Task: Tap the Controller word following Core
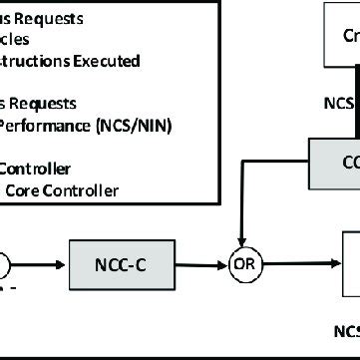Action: coord(80,189)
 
